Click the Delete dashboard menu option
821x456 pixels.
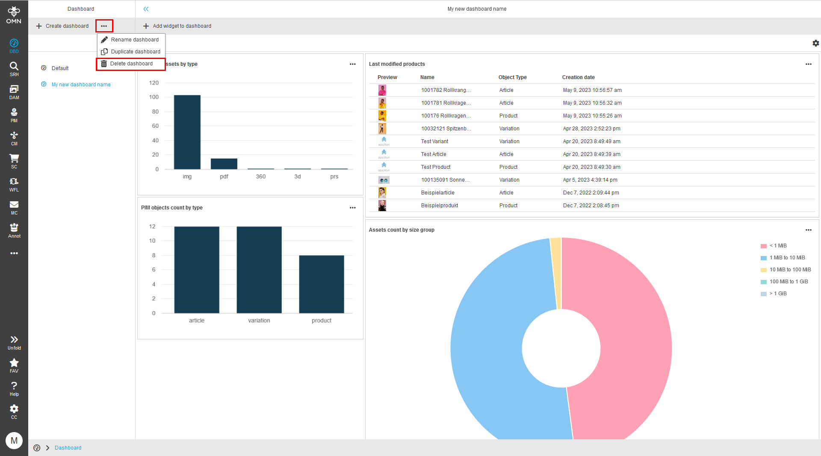pyautogui.click(x=131, y=64)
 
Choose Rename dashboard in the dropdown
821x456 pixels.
pyautogui.click(x=134, y=40)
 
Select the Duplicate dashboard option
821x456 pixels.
pyautogui.click(x=135, y=52)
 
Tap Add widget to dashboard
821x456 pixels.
pyautogui.click(x=177, y=26)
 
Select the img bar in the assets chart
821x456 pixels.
pyautogui.click(x=187, y=132)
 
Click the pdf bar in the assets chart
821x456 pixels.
pyautogui.click(x=224, y=164)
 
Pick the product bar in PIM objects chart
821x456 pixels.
pyautogui.click(x=322, y=284)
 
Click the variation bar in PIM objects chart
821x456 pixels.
pyautogui.click(x=259, y=270)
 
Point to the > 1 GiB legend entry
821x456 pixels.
pyautogui.click(x=778, y=294)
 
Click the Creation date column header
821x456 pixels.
pyautogui.click(x=578, y=77)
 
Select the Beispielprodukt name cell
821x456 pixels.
pyautogui.click(x=440, y=206)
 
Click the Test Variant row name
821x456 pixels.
pyautogui.click(x=434, y=141)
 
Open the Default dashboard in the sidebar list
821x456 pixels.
pyautogui.click(x=60, y=68)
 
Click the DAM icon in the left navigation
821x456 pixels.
pyautogui.click(x=14, y=91)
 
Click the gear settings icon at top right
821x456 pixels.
pyautogui.click(x=815, y=43)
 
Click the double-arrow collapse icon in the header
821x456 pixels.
pyautogui.click(x=146, y=9)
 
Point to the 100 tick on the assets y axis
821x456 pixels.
pyautogui.click(x=154, y=97)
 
